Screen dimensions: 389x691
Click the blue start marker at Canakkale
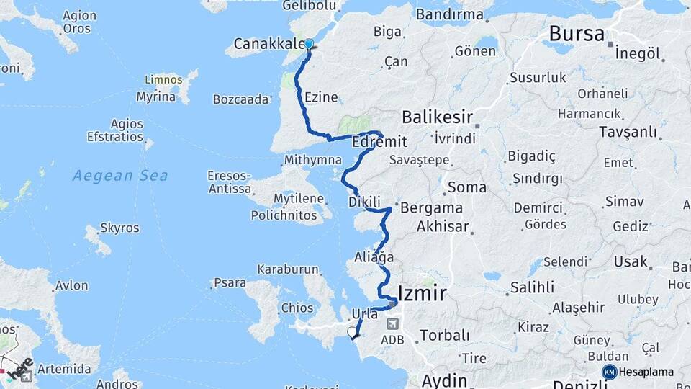click(309, 44)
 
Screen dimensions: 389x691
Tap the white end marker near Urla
click(352, 332)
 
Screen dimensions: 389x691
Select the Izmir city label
click(420, 293)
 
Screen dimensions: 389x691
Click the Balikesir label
click(437, 117)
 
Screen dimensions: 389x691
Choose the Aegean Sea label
click(120, 175)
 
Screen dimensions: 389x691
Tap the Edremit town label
click(379, 142)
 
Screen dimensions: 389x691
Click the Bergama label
click(431, 207)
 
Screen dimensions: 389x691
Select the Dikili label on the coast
click(363, 202)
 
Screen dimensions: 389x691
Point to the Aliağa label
click(374, 256)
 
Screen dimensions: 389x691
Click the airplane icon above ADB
click(392, 324)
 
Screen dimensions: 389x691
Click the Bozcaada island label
click(241, 99)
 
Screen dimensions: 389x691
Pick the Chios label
click(297, 308)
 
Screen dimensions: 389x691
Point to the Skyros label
click(119, 228)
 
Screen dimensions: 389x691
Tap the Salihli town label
click(510, 287)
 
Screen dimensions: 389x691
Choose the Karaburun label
click(288, 269)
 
